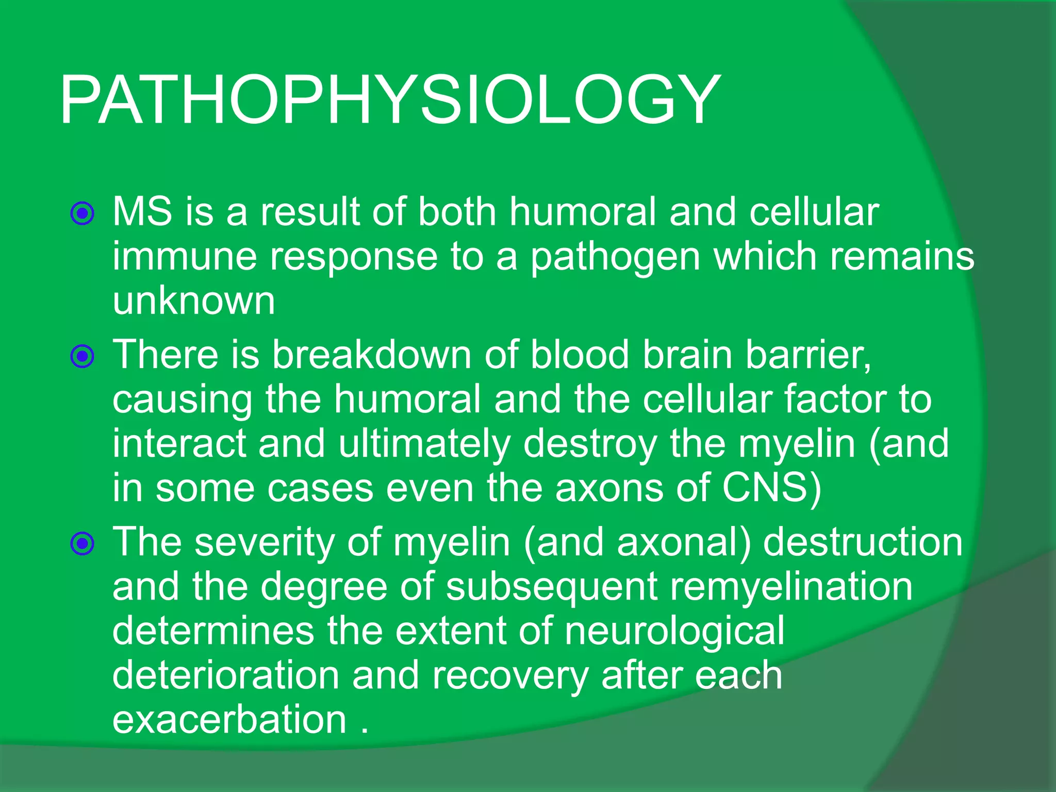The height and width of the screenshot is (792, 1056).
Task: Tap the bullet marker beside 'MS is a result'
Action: tap(82, 213)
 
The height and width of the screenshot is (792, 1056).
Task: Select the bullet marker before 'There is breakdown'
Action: tap(82, 356)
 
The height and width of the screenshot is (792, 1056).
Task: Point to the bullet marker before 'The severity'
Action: tap(82, 543)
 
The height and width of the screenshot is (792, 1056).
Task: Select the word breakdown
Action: tap(371, 355)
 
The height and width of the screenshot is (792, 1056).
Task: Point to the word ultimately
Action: tap(424, 443)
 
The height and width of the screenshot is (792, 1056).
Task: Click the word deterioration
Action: tap(225, 675)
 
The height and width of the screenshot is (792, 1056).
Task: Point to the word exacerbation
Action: tap(229, 720)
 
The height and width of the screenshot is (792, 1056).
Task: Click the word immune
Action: tap(185, 256)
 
